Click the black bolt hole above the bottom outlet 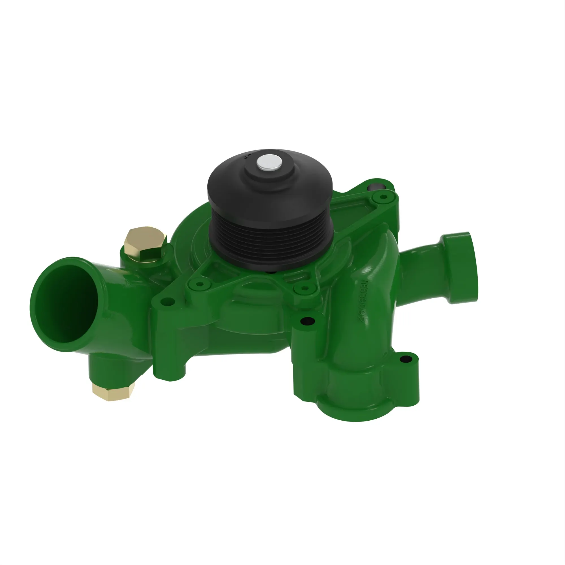pyautogui.click(x=308, y=321)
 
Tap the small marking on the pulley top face pyautogui.click(x=247, y=155)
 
